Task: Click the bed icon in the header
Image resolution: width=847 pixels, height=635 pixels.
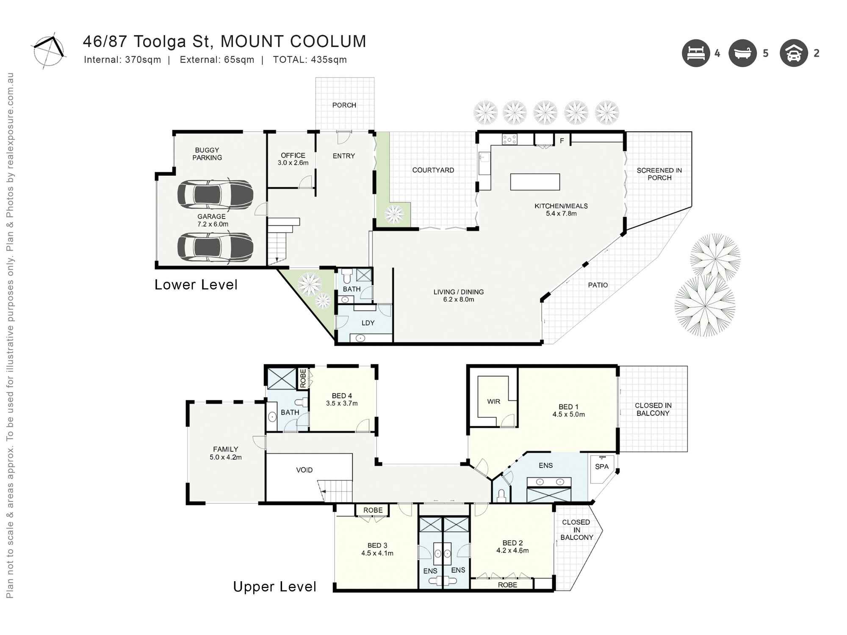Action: [x=695, y=53]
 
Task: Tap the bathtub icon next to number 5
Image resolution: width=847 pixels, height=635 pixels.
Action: [x=742, y=53]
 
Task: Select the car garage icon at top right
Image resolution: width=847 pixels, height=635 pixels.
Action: [x=794, y=53]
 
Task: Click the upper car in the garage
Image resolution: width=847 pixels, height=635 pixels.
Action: [x=215, y=195]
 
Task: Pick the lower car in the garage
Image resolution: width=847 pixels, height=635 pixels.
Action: [x=215, y=247]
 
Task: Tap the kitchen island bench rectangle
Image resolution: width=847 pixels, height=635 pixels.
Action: [x=535, y=182]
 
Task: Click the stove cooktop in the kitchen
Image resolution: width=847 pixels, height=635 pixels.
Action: [x=509, y=139]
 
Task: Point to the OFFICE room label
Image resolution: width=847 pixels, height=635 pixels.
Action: [x=293, y=155]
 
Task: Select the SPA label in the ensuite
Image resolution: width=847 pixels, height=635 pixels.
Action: [x=601, y=467]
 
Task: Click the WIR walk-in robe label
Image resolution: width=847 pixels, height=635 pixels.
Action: [x=493, y=401]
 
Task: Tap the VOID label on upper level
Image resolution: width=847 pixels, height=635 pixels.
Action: [x=304, y=470]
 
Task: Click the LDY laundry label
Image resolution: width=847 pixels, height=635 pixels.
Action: [x=368, y=323]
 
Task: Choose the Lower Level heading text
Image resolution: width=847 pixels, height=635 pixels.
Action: [x=196, y=285]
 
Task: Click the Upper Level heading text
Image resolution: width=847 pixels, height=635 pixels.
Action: [x=274, y=587]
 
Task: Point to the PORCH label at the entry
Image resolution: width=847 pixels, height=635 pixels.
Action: [x=344, y=105]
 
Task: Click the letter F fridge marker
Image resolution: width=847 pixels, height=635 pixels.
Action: [x=562, y=141]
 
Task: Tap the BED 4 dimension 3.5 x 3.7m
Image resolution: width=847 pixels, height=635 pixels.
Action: [x=341, y=403]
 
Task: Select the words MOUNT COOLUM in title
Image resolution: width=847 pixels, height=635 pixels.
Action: [x=293, y=41]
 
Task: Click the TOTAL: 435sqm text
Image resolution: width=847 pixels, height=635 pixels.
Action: [x=310, y=60]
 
